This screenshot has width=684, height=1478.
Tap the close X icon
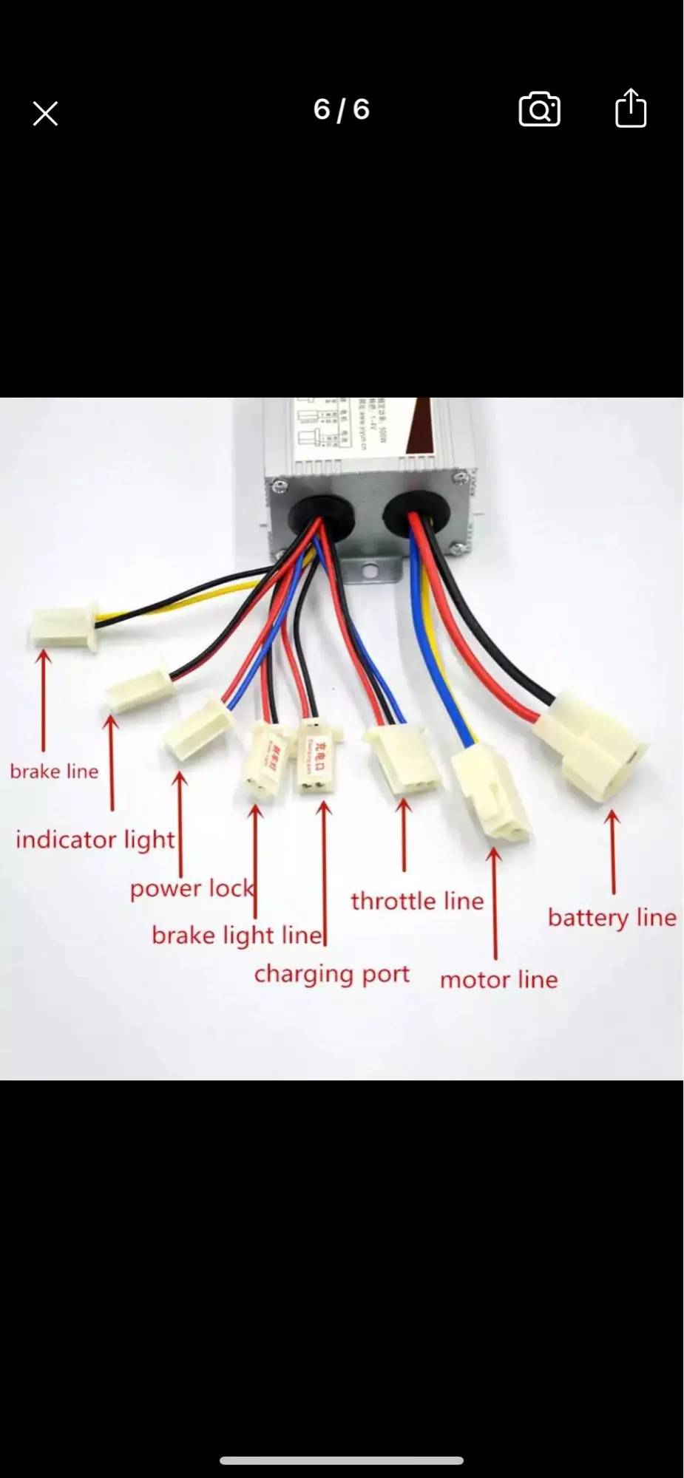pyautogui.click(x=45, y=114)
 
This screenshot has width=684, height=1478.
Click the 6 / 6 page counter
pyautogui.click(x=341, y=110)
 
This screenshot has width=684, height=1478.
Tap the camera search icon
pyautogui.click(x=539, y=110)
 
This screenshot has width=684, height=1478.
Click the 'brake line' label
pyautogui.click(x=54, y=772)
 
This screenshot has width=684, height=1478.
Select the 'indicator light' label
pyautogui.click(x=95, y=840)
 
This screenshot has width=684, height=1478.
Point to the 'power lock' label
pyautogui.click(x=192, y=888)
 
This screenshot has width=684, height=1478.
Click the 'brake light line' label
pyautogui.click(x=237, y=936)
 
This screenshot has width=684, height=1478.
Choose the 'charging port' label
pyautogui.click(x=331, y=974)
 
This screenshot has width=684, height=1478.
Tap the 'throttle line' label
pyautogui.click(x=417, y=902)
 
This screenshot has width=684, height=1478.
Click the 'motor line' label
pyautogui.click(x=498, y=980)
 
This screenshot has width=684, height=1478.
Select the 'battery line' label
pyautogui.click(x=612, y=918)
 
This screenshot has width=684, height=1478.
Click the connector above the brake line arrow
pyautogui.click(x=64, y=624)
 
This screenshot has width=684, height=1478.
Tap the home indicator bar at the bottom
pyautogui.click(x=342, y=1460)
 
